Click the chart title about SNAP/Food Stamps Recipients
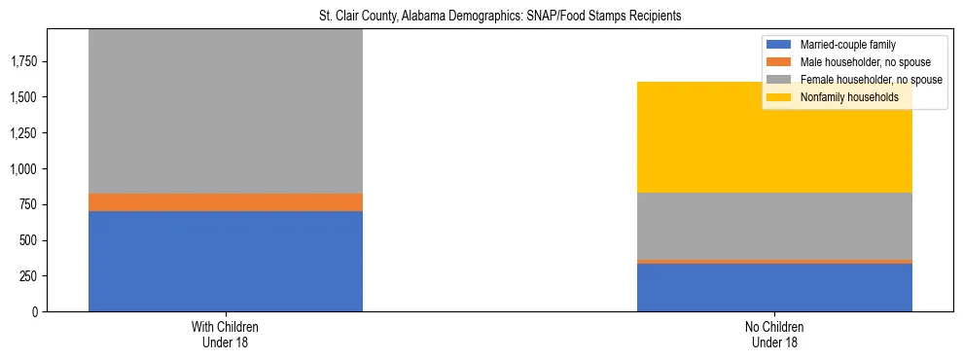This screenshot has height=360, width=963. click(501, 17)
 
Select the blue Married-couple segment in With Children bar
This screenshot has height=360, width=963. click(225, 261)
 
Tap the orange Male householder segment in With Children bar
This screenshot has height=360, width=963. click(225, 202)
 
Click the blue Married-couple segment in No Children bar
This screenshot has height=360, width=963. click(774, 287)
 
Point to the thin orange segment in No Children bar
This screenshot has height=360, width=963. click(774, 261)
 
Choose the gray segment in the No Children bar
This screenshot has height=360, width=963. click(774, 226)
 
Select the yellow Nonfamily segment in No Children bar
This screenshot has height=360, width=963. click(774, 137)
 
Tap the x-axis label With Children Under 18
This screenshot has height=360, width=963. click(225, 334)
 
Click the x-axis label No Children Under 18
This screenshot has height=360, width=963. click(774, 334)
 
